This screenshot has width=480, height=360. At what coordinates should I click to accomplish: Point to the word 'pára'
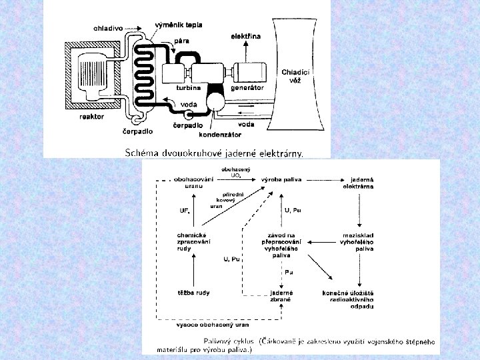point(181,41)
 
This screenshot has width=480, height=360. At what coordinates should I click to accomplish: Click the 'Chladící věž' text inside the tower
point(295,76)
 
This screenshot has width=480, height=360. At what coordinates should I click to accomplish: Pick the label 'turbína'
point(189,87)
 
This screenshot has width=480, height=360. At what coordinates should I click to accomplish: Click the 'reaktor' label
point(91,116)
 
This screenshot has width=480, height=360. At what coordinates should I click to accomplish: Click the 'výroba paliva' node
point(279,180)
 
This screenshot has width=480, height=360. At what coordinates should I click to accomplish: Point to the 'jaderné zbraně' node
point(281,296)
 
